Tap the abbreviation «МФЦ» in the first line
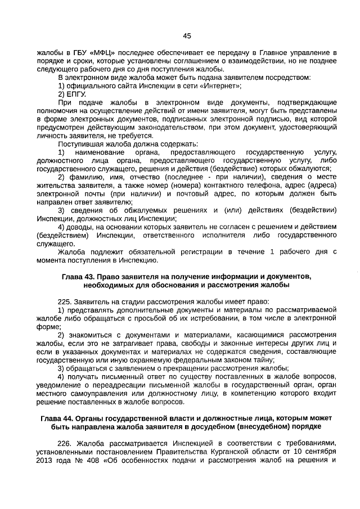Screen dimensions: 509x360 [x=96, y=52]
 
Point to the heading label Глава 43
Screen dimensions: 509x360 [x=79, y=277]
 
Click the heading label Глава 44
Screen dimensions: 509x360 [x=60, y=418]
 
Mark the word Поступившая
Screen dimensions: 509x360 [x=80, y=144]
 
